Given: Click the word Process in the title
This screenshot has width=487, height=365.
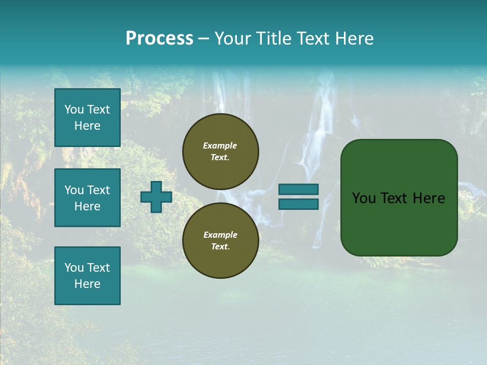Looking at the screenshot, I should pyautogui.click(x=159, y=39).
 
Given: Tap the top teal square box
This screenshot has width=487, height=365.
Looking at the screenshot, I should pyautogui.click(x=87, y=118).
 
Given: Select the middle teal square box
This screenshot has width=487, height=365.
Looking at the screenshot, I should pyautogui.click(x=87, y=198).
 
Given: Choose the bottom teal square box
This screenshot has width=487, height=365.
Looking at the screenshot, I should pyautogui.click(x=87, y=276).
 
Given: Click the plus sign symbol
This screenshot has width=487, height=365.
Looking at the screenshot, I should pyautogui.click(x=156, y=197).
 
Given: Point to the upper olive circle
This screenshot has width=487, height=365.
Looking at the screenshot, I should pyautogui.click(x=221, y=152).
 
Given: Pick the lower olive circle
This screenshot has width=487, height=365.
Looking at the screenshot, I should pyautogui.click(x=221, y=241).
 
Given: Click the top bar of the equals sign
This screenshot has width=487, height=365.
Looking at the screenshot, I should pyautogui.click(x=298, y=189).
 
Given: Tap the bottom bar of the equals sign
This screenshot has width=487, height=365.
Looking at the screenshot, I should pyautogui.click(x=298, y=204).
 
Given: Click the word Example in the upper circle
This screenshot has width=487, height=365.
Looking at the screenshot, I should pyautogui.click(x=220, y=146).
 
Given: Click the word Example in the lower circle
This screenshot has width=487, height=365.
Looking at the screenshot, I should pyautogui.click(x=220, y=235).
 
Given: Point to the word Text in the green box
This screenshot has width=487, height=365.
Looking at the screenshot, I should pyautogui.click(x=395, y=198).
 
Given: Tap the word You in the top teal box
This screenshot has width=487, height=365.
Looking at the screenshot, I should pyautogui.click(x=74, y=109).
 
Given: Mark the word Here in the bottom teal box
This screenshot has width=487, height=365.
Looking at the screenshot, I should pyautogui.click(x=87, y=284).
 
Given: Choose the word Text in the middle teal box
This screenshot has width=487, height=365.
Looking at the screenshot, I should pyautogui.click(x=98, y=190).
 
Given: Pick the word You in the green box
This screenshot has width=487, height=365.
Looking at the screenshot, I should pyautogui.click(x=364, y=198).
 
